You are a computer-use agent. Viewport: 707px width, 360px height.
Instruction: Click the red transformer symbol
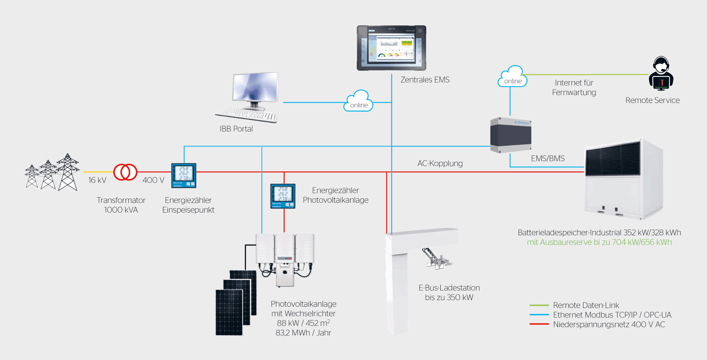tap(125, 172)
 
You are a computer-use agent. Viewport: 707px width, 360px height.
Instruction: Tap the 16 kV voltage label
tap(97, 180)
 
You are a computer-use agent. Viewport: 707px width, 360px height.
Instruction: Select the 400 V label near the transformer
tap(153, 180)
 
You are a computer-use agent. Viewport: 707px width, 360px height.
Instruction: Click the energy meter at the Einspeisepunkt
tap(183, 175)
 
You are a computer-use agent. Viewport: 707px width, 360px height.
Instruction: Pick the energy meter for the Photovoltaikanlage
tap(283, 196)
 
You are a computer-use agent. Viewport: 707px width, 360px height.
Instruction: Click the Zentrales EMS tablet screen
tap(391, 48)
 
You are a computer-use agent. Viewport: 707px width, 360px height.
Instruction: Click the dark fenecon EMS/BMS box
tap(511, 135)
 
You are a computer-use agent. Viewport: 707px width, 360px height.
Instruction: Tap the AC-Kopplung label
tap(440, 164)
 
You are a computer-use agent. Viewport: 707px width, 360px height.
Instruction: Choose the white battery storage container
tap(623, 179)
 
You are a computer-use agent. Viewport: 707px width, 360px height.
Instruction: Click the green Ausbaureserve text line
tap(599, 243)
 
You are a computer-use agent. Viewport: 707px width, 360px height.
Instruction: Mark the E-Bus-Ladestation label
tap(449, 293)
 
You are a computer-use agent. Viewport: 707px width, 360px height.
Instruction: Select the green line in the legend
tap(539, 305)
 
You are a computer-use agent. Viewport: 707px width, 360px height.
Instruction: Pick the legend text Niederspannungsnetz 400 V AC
tap(609, 325)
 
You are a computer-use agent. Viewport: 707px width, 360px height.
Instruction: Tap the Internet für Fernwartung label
tap(574, 88)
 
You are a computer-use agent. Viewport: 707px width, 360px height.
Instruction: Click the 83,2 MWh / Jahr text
tap(303, 333)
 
